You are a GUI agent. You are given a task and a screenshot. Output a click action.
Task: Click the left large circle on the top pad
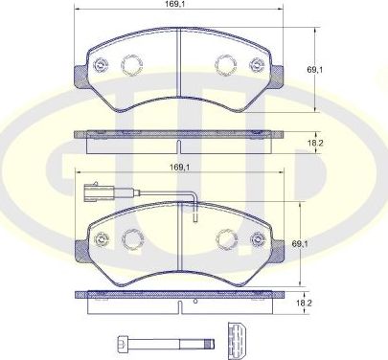tap(131, 64)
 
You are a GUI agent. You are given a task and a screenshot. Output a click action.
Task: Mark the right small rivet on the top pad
tap(256, 66)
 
